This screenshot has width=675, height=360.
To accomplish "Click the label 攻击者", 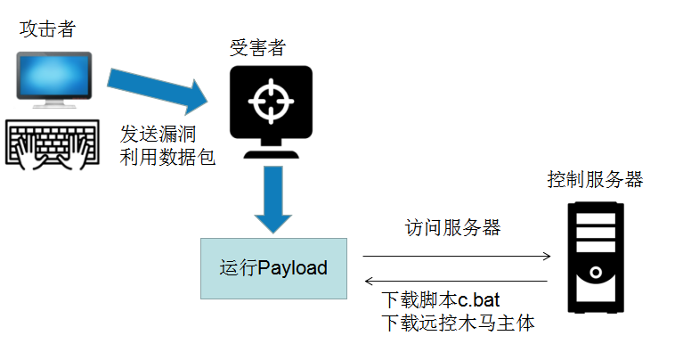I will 47,29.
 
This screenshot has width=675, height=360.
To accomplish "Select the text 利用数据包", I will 167,160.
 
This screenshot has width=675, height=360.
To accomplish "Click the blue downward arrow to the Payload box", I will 272,198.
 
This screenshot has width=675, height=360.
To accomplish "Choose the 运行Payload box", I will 273,267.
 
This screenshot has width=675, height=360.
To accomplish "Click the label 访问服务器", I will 452,227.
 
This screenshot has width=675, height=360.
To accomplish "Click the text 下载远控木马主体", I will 457,323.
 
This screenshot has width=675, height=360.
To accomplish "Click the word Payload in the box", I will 292,267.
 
